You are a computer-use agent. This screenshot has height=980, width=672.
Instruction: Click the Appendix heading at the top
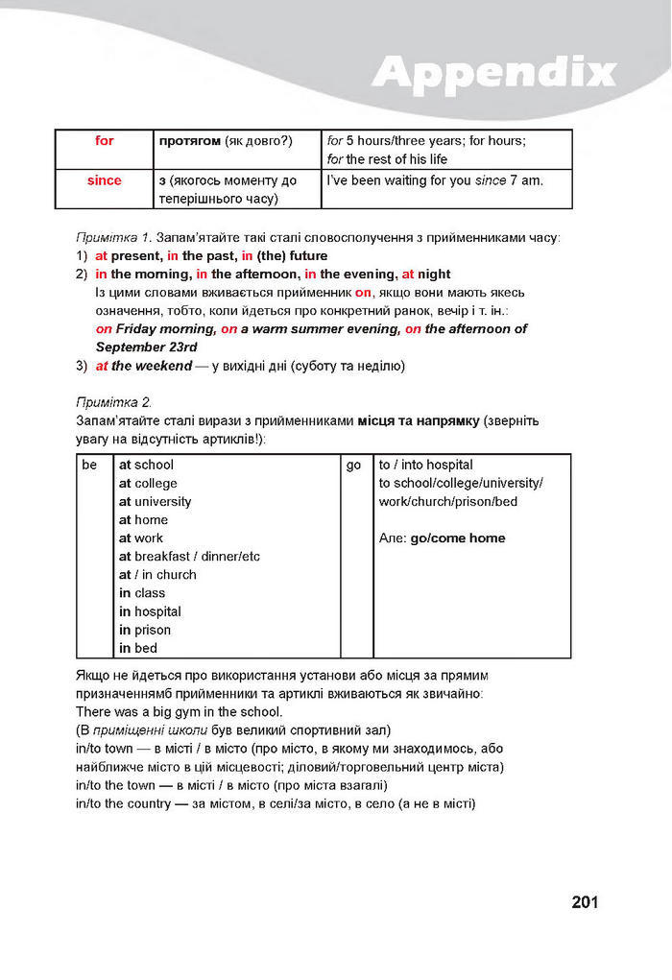[493, 71]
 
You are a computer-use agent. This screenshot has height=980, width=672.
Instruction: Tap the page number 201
[585, 901]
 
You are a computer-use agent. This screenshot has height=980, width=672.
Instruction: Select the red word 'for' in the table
[105, 141]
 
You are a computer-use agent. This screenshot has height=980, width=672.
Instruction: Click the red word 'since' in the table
[105, 180]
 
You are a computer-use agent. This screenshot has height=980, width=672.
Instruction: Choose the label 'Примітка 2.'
[113, 401]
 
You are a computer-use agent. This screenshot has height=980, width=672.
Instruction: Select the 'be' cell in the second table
[90, 465]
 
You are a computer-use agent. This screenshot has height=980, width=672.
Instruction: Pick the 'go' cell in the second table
[354, 465]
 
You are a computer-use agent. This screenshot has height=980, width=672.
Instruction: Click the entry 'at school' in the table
[146, 465]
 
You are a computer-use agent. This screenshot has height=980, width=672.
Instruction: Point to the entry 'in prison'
[145, 630]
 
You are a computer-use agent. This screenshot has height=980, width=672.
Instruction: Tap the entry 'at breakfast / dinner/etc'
[189, 557]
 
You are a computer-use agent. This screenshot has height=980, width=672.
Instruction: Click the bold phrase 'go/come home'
[457, 538]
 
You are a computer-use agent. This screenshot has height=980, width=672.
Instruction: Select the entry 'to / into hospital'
[425, 465]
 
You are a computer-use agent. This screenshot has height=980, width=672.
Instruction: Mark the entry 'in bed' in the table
[138, 649]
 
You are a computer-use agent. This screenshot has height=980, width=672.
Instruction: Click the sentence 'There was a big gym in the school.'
[179, 712]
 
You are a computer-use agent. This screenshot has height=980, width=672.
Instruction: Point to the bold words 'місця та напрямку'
[418, 420]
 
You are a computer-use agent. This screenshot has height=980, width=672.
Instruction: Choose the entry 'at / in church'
[157, 575]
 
